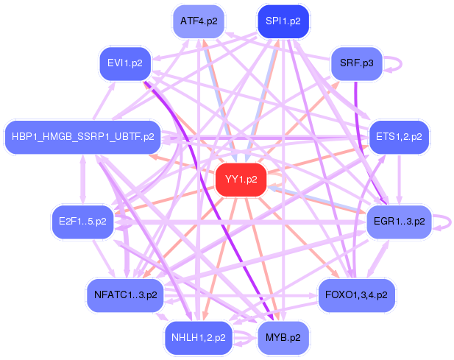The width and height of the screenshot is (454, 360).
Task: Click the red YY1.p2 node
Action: pyautogui.click(x=241, y=180)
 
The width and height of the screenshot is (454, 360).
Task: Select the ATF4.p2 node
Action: pyautogui.click(x=199, y=21)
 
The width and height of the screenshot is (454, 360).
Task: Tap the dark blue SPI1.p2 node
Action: pyautogui.click(x=283, y=21)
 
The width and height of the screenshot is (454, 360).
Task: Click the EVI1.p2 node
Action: pyautogui.click(x=126, y=63)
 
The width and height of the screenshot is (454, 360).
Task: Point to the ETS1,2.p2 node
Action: pyautogui.click(x=399, y=136)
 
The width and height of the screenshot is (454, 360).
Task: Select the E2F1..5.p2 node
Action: pyautogui.click(x=82, y=221)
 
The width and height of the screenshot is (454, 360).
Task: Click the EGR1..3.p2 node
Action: pyautogui.click(x=398, y=221)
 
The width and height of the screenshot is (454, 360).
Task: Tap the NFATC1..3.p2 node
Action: pyautogui.click(x=126, y=294)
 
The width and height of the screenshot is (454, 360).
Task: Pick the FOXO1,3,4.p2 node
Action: pyautogui.click(x=357, y=294)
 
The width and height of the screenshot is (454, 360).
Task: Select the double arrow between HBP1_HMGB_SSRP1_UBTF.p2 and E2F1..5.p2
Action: pyautogui.click(x=82, y=178)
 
